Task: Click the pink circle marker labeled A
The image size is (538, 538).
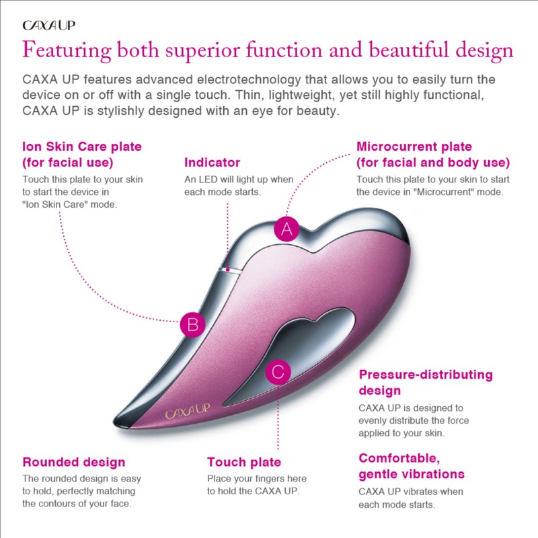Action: [x=286, y=229]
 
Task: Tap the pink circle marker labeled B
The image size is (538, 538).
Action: [x=192, y=325]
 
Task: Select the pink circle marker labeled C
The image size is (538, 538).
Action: [x=278, y=371]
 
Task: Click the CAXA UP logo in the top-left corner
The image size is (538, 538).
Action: [x=49, y=26]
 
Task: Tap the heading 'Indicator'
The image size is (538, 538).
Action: [x=212, y=163]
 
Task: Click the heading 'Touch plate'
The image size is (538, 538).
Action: [x=243, y=462]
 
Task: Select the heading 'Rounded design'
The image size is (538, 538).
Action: [x=74, y=462]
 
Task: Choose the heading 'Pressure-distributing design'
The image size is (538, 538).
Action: [x=425, y=382]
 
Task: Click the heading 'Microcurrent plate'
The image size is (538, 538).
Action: [x=414, y=147]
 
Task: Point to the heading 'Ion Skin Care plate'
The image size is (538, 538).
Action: [x=82, y=147]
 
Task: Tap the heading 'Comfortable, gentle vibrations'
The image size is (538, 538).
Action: [x=412, y=466]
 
